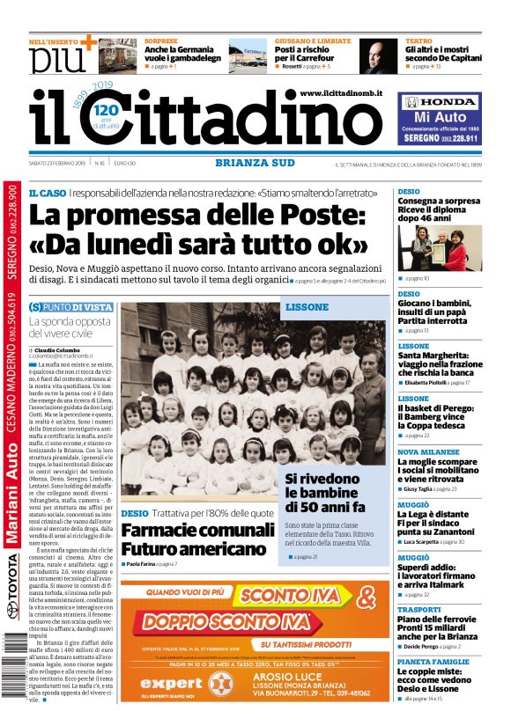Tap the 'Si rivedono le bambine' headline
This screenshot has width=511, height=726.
[324, 494]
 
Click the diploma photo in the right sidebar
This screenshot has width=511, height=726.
[439, 247]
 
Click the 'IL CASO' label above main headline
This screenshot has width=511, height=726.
[46, 193]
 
